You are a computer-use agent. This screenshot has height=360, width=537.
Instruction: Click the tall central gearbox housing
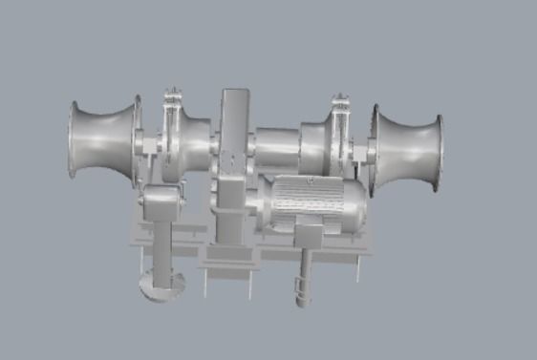click(x=233, y=172)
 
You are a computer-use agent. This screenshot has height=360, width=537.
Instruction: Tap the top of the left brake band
click(x=173, y=97)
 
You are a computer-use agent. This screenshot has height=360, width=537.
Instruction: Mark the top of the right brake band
click(x=339, y=101)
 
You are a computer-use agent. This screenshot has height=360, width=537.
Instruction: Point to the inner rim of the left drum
click(x=136, y=137)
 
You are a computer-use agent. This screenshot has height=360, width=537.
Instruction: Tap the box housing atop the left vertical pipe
click(x=160, y=203)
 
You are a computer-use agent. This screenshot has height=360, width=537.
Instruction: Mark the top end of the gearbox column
click(x=234, y=94)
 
